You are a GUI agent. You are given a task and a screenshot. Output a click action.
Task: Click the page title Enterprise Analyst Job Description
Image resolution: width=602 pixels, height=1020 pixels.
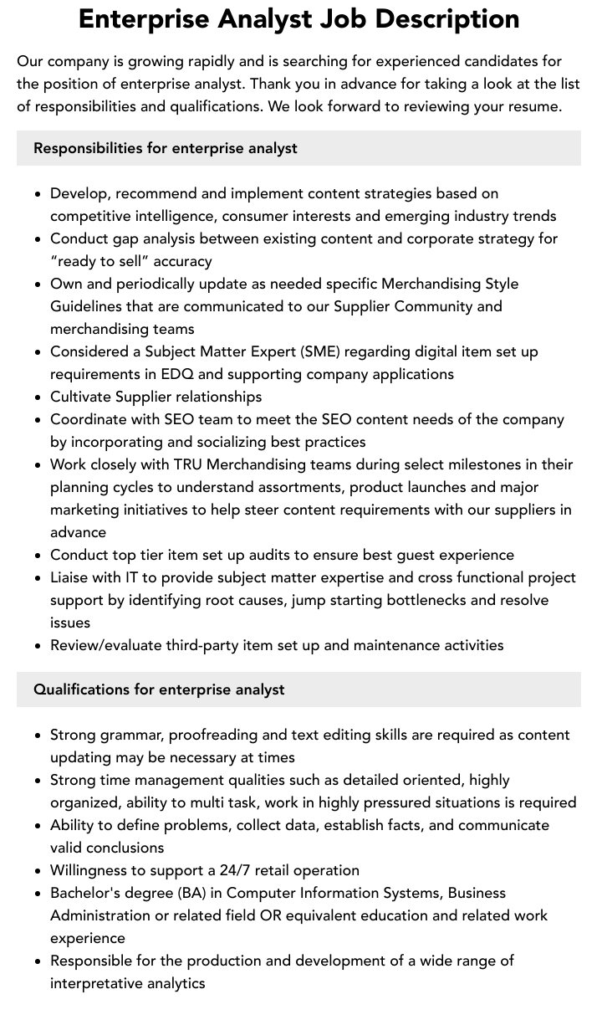point(298,18)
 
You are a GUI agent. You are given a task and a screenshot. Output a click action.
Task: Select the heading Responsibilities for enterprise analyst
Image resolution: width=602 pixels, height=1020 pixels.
point(166,148)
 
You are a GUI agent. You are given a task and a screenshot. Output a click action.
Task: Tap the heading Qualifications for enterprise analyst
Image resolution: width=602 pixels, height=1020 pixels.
point(159,689)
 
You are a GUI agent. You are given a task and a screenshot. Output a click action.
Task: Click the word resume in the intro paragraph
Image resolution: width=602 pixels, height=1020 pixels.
point(533,106)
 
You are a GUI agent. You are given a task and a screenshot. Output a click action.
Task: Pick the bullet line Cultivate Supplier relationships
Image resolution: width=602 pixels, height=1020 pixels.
point(156,397)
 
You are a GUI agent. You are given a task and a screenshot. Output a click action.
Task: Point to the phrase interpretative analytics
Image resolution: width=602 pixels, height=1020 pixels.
point(127,983)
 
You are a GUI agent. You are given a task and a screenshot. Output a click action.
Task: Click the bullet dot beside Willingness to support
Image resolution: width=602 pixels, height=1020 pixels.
point(38,871)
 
